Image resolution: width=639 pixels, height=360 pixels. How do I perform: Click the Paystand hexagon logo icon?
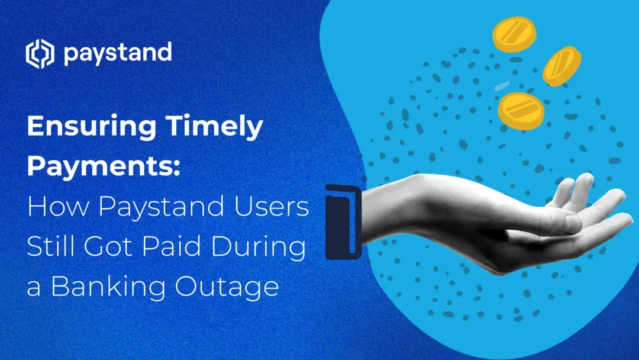(x=40, y=54)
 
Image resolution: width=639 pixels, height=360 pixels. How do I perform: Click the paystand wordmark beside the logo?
(x=117, y=54)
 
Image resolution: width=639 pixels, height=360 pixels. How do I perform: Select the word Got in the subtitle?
(x=108, y=247)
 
